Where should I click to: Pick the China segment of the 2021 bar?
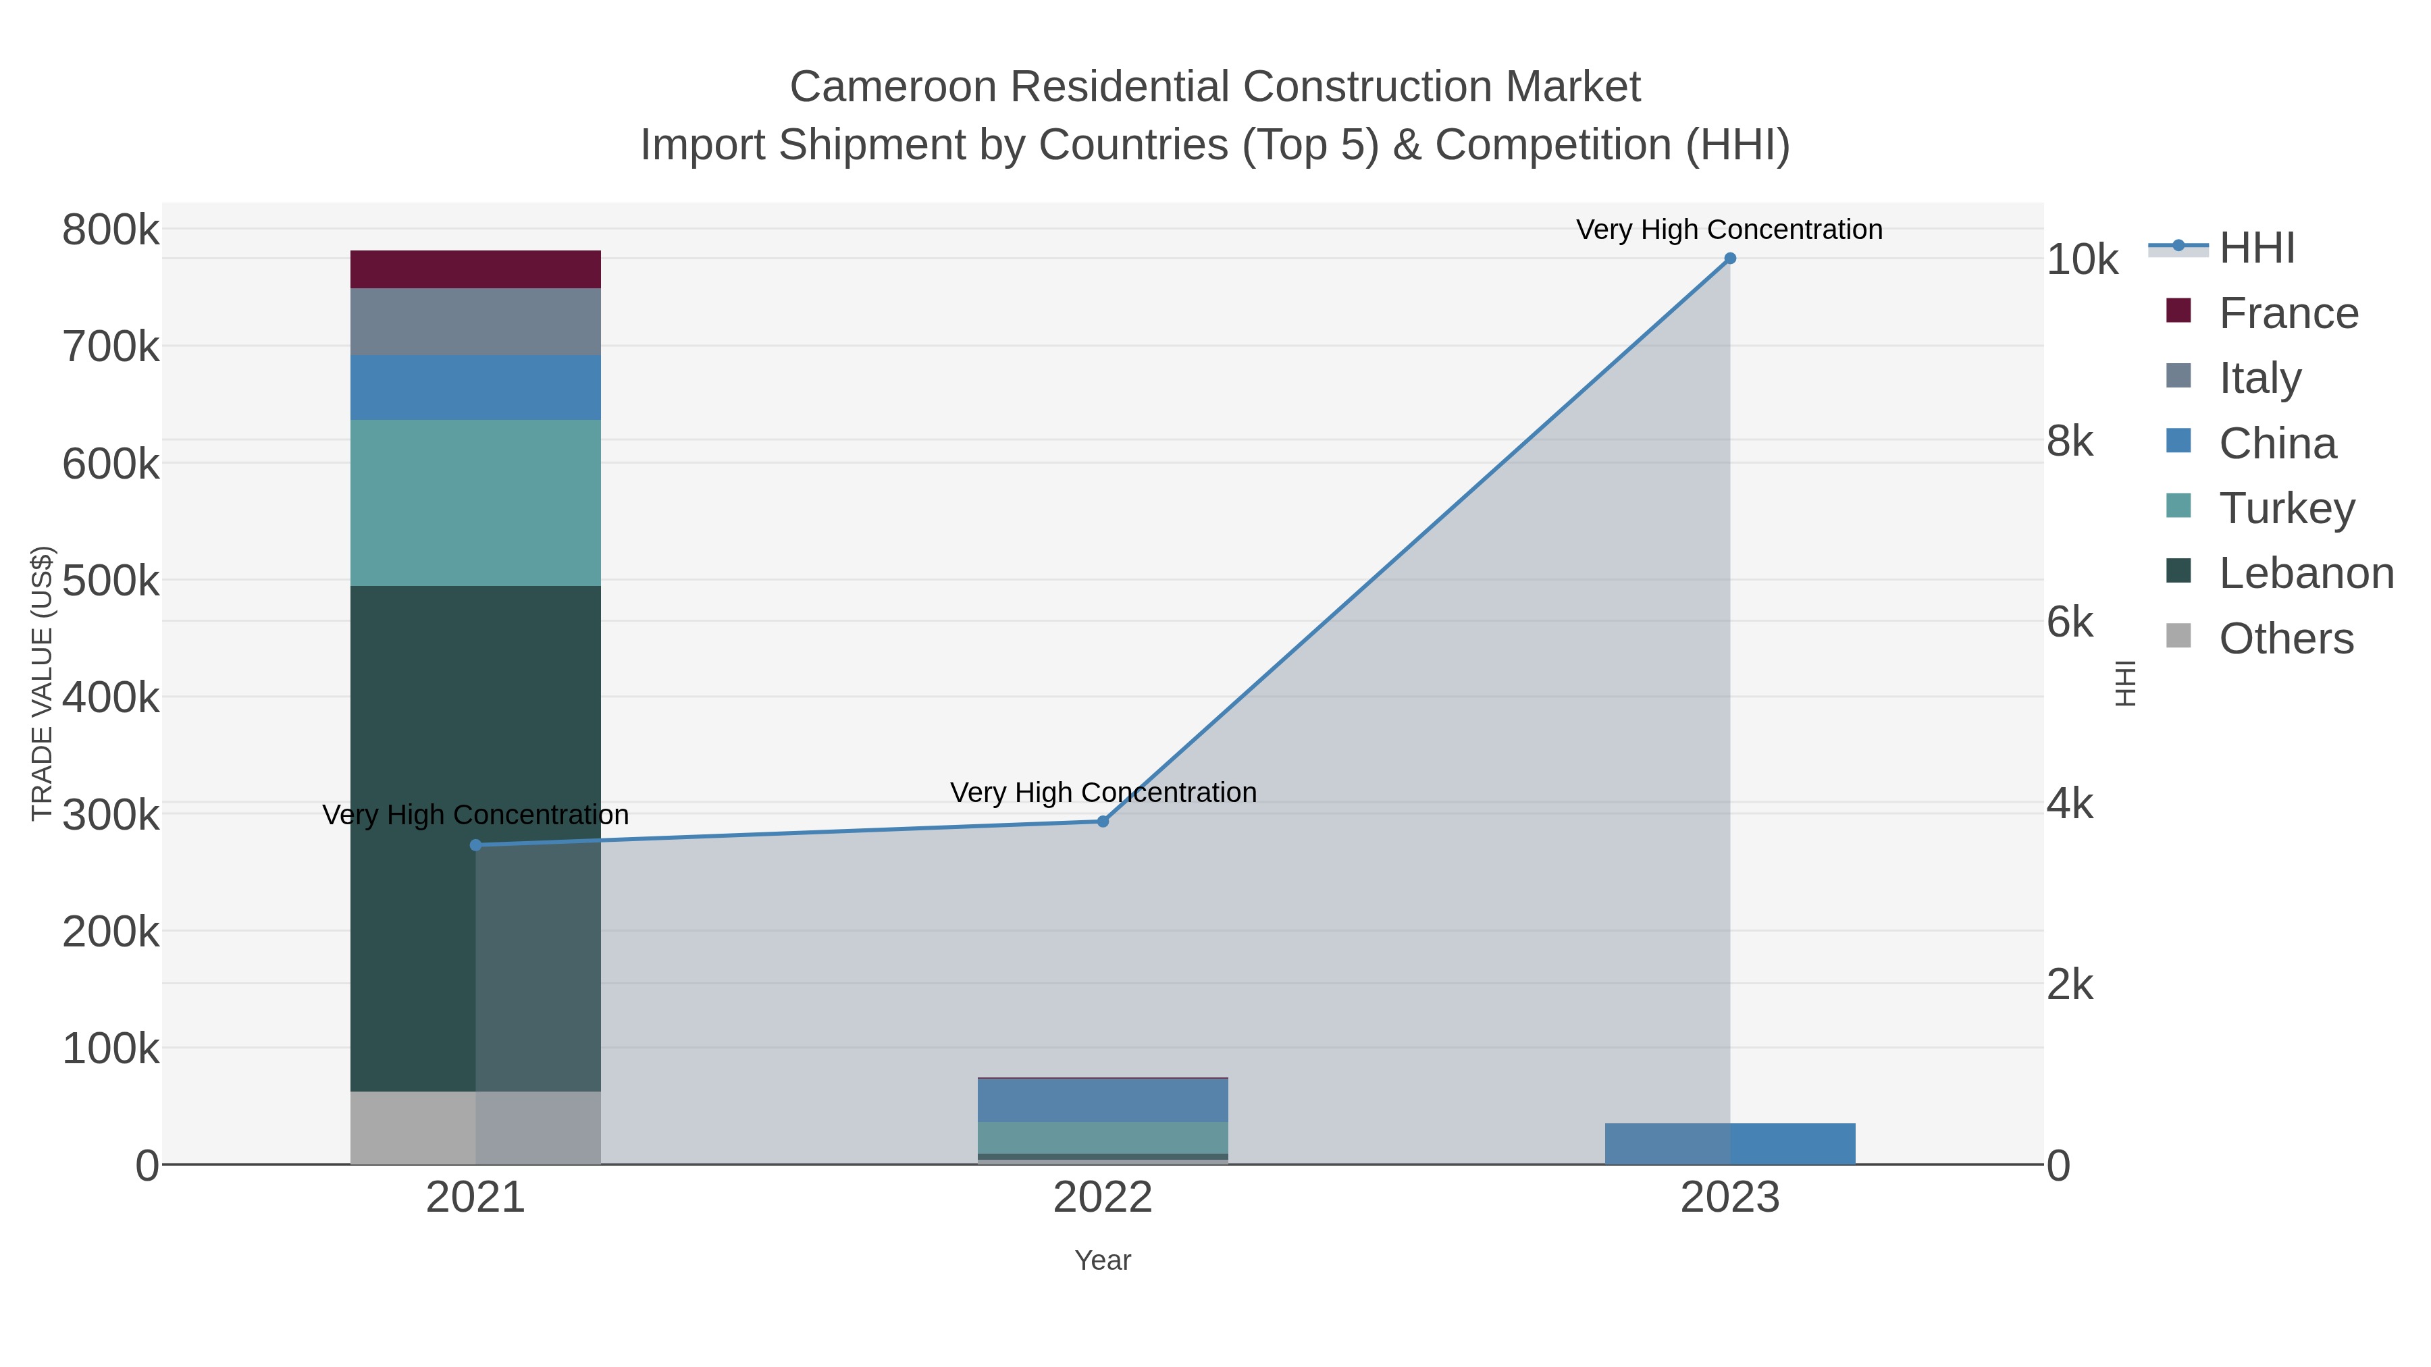(475, 387)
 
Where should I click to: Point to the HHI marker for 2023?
(1730, 259)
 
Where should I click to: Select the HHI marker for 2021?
(475, 845)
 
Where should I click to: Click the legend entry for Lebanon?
(2305, 574)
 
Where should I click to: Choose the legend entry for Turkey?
(2286, 508)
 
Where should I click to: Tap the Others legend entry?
(2286, 639)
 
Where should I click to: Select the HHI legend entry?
(2256, 248)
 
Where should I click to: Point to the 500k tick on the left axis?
(111, 581)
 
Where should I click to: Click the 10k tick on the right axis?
(2081, 261)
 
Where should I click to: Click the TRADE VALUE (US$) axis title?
(43, 683)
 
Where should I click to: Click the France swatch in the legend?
(2178, 311)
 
